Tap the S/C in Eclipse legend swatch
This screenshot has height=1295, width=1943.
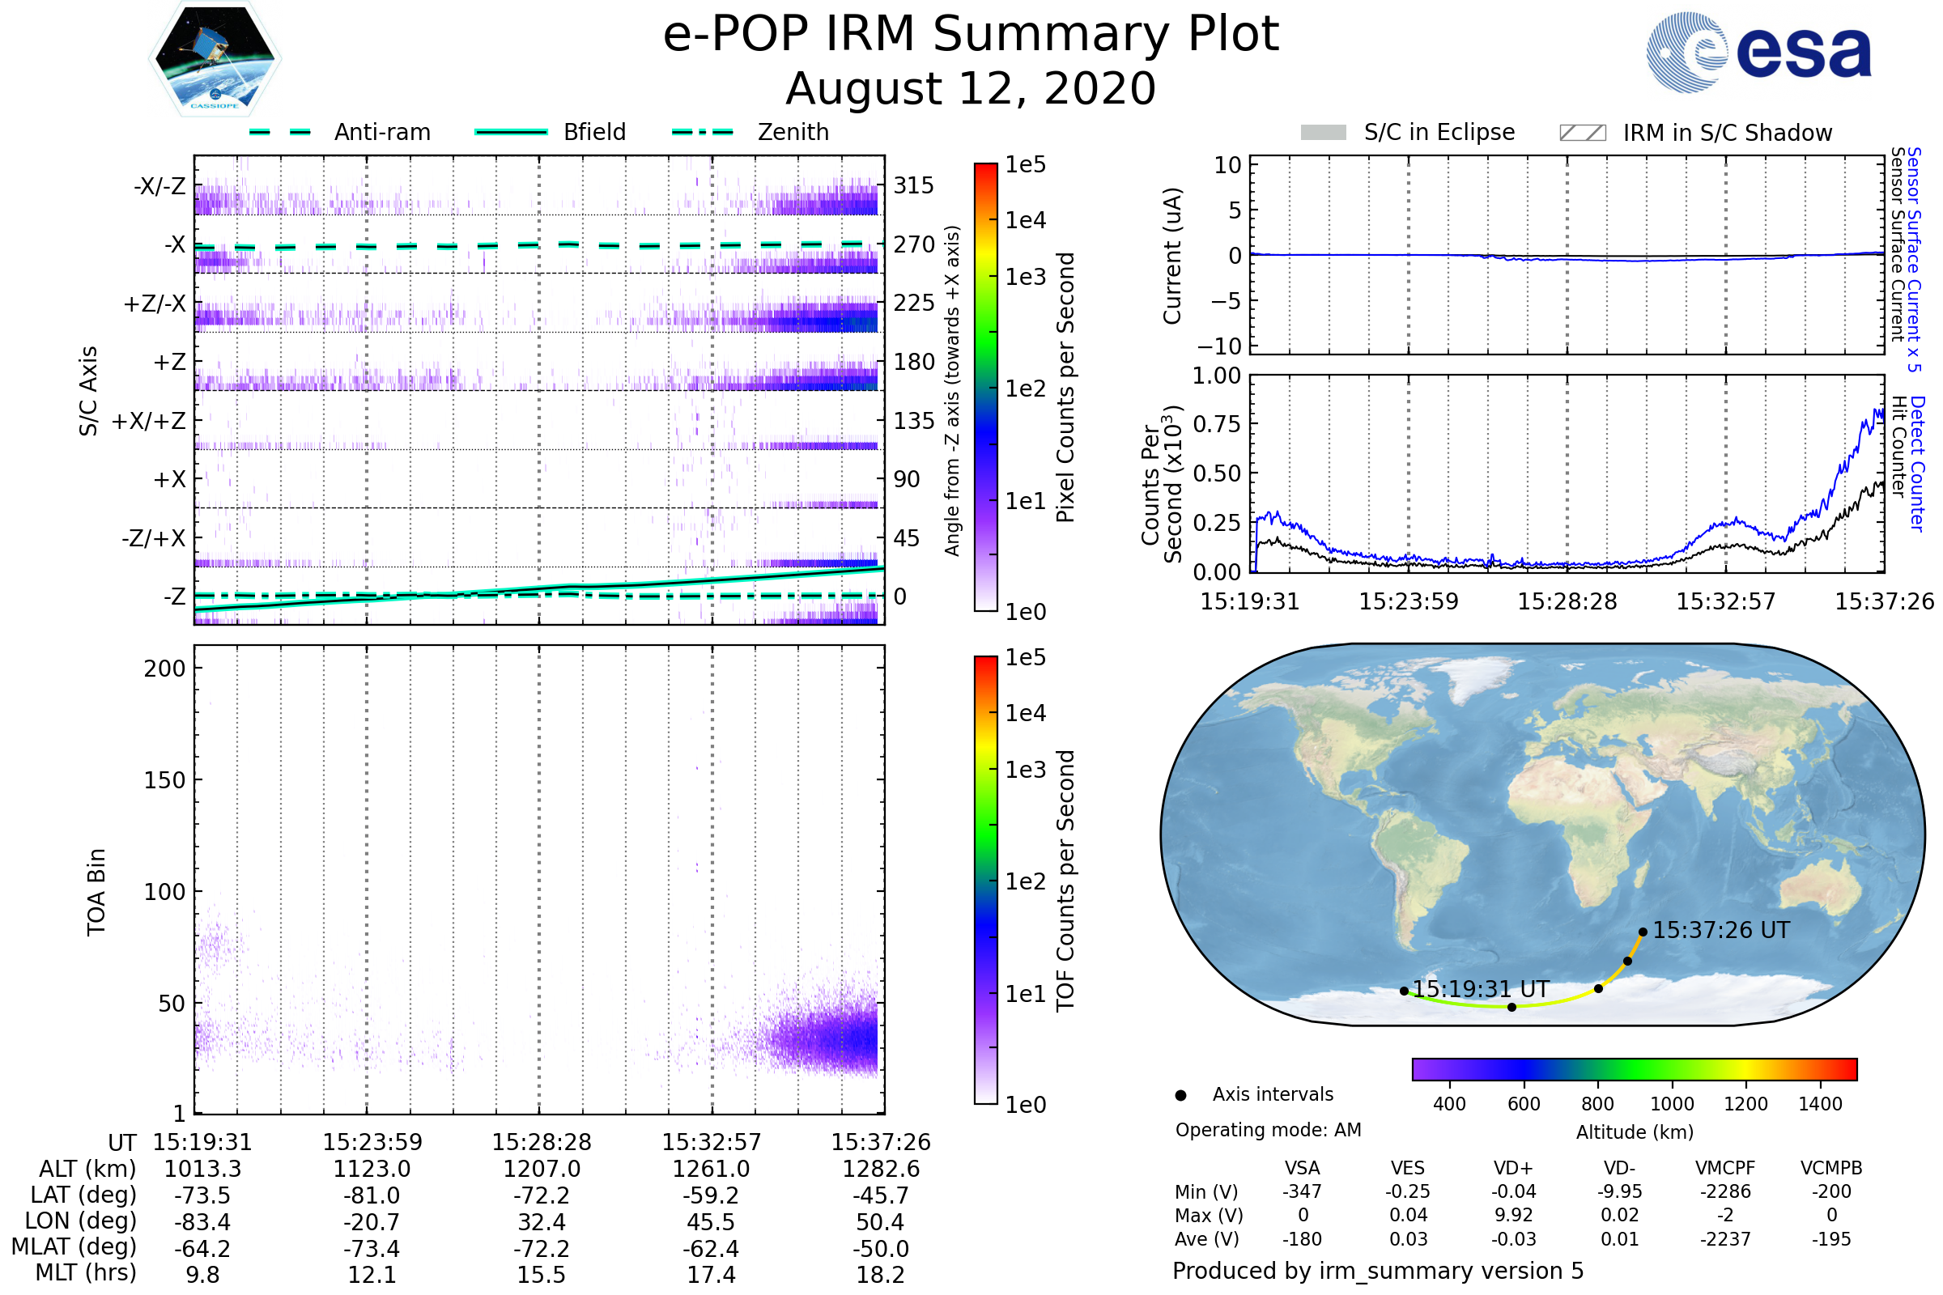(1324, 133)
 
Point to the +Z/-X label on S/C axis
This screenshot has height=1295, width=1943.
(155, 304)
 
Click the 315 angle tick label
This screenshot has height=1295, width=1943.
(914, 185)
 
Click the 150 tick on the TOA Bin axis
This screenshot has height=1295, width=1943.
(164, 780)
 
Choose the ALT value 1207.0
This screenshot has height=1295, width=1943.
(542, 1170)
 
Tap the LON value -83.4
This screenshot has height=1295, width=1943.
(202, 1222)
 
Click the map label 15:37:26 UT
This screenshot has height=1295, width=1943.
(1722, 931)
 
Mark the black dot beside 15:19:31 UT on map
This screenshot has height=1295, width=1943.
(1405, 991)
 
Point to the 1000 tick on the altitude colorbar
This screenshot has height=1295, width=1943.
(1672, 1104)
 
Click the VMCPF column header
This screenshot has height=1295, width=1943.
(1725, 1169)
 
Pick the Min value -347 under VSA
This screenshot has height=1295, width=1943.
(1302, 1191)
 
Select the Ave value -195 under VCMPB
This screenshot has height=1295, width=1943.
(1831, 1240)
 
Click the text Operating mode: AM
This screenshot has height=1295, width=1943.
(1268, 1130)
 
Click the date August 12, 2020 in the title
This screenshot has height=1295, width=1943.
(971, 89)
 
